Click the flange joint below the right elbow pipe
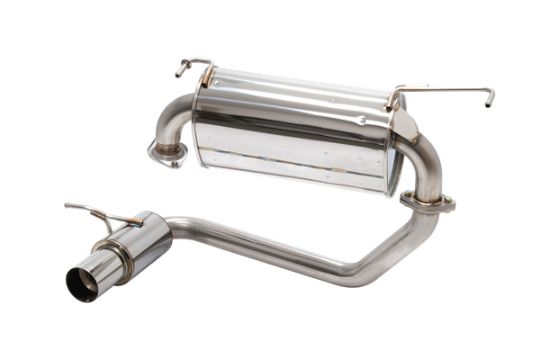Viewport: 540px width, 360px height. [x=427, y=202]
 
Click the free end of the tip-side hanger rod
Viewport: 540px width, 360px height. [x=68, y=206]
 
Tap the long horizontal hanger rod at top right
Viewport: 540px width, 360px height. [x=450, y=89]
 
